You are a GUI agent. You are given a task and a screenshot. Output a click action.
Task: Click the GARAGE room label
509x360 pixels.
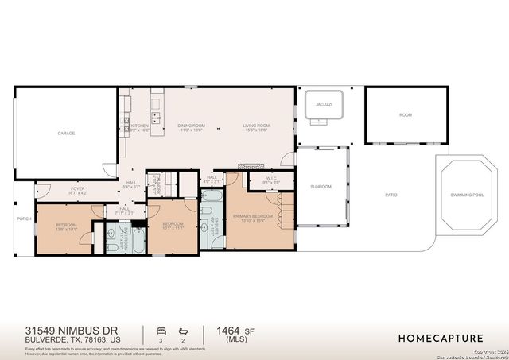coord(66,133)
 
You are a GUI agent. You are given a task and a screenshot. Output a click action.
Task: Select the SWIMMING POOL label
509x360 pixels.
coord(467,195)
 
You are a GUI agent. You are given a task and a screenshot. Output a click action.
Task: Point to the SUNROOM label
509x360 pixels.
coord(321,187)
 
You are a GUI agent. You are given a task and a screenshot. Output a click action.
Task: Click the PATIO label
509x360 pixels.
coord(390,195)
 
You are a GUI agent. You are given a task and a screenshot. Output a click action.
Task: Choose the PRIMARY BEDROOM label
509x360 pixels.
coord(253,216)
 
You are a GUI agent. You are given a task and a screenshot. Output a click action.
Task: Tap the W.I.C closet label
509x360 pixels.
coord(271,179)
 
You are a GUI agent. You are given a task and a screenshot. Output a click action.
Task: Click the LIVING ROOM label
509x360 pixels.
coord(256,126)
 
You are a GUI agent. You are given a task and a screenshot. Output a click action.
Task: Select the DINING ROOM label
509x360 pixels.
coord(191,126)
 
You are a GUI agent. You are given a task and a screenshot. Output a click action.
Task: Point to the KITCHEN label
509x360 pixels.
coord(139,126)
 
